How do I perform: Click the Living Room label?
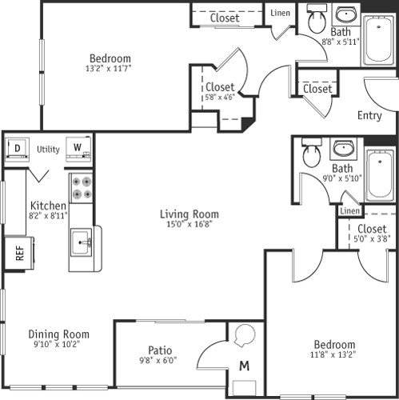[x=189, y=214]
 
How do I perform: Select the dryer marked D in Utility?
[x=17, y=148]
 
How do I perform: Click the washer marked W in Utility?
[x=78, y=148]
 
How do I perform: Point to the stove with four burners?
[x=80, y=187]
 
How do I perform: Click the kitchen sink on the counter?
[x=81, y=241]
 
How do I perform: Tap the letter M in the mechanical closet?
[x=244, y=366]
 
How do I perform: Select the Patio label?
[x=161, y=350]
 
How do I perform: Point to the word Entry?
[x=369, y=115]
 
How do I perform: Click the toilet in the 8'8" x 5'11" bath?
[x=316, y=22]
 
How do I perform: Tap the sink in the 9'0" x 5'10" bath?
[x=344, y=149]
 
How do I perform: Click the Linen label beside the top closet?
[x=280, y=13]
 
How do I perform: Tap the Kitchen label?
[x=48, y=206]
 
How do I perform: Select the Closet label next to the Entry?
[x=317, y=89]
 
